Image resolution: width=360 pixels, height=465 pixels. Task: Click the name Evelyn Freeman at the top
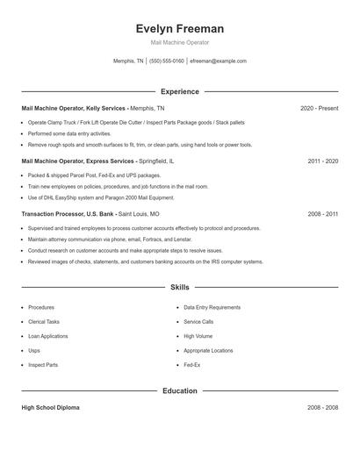point(180,28)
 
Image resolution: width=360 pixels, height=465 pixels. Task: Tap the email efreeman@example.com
point(218,61)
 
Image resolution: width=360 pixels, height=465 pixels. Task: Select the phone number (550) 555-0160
point(167,61)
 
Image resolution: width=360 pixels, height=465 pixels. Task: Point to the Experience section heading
point(180,91)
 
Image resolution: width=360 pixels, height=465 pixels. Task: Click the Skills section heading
point(180,287)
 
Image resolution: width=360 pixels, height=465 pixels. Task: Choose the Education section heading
point(180,390)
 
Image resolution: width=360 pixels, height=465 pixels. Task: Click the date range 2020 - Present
point(319,108)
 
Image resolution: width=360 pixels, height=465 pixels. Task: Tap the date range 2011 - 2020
point(323,161)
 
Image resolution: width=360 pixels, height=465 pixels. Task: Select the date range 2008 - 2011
point(323,214)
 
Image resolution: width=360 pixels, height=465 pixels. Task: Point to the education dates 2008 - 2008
point(323,408)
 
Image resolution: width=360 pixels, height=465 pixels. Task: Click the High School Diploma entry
point(49,408)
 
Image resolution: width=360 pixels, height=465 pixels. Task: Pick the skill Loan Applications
point(48,336)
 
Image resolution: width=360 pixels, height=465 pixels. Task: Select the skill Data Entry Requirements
point(212,308)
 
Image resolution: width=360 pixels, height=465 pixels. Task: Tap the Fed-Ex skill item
point(192,364)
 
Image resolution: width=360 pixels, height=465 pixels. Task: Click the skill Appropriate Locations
point(208,350)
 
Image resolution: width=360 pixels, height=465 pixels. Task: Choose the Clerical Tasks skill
point(44,322)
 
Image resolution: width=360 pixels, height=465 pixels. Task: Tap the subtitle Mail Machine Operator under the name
point(180,42)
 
